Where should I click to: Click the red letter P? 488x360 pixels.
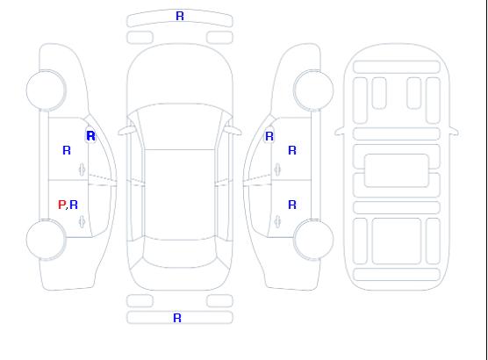point(61,205)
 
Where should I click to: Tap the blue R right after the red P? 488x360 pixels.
point(74,205)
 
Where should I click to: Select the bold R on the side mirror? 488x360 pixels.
point(90,136)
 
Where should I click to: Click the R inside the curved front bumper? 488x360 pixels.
point(180,16)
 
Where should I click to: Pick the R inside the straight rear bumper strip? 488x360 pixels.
point(177,318)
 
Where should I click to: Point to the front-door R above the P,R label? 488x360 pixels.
point(67,150)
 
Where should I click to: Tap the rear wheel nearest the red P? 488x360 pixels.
point(46,240)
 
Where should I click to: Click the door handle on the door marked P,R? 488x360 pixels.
point(82,221)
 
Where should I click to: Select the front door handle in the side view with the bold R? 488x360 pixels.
point(82,169)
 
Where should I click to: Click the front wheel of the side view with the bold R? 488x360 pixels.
point(46,90)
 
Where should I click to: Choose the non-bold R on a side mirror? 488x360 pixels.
point(269,136)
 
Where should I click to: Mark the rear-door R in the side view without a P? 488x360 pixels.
point(292,205)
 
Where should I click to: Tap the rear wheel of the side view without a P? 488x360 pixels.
point(313,240)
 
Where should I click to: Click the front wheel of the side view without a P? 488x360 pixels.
point(313,90)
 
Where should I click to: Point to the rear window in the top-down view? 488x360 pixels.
point(180,253)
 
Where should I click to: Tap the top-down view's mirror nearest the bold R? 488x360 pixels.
point(126,132)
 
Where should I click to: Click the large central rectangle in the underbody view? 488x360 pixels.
point(396,170)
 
